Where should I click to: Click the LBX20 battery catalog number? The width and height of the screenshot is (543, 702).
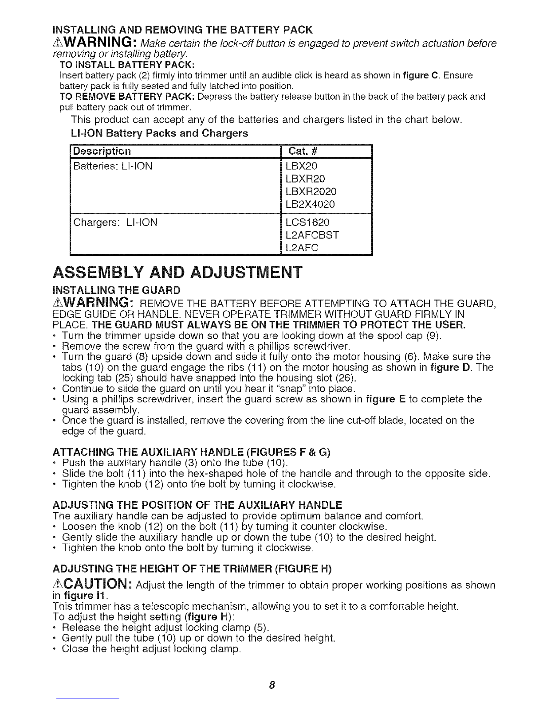(x=302, y=166)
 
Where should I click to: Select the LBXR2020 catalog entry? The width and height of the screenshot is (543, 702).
(x=311, y=191)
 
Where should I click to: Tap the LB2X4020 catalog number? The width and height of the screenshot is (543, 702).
(x=311, y=204)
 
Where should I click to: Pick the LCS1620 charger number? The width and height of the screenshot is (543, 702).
(x=308, y=222)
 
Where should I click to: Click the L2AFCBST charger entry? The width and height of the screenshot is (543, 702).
(x=312, y=235)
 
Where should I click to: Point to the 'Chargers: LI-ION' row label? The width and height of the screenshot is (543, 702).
(x=115, y=222)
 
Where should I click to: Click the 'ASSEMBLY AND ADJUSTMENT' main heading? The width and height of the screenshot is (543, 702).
(x=177, y=272)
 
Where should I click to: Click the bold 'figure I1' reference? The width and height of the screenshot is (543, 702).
(x=74, y=595)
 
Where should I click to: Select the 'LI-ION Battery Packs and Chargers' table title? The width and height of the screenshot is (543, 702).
(x=159, y=133)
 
